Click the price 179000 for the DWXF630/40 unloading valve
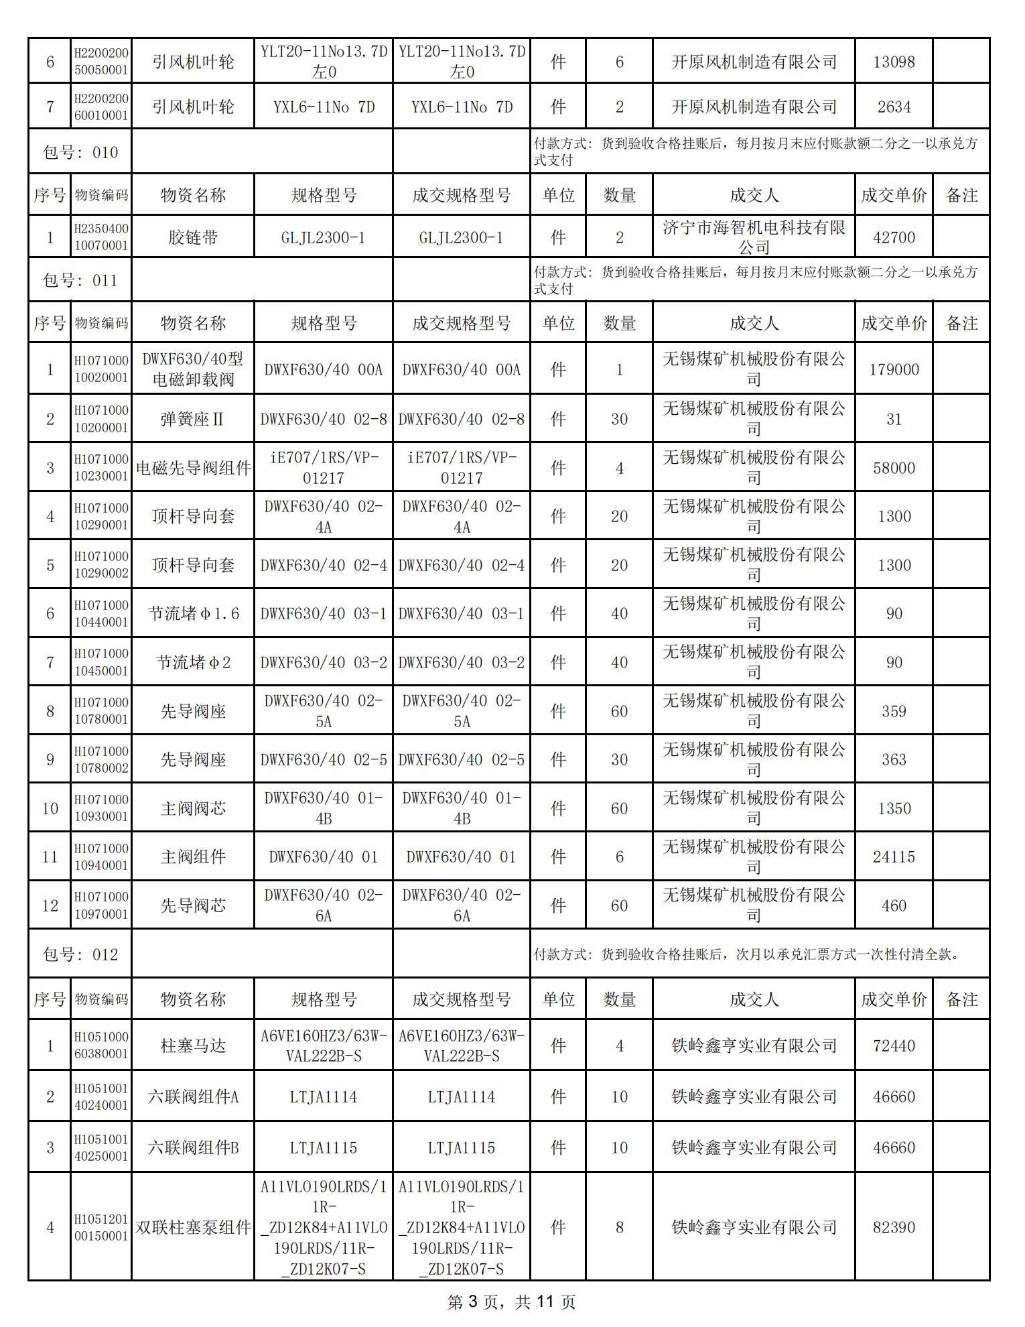point(894,369)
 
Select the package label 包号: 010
point(80,152)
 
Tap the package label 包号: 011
point(80,280)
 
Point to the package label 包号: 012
point(80,954)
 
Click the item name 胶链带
point(193,237)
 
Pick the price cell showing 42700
point(894,237)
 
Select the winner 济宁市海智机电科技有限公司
point(754,237)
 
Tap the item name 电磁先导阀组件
point(193,468)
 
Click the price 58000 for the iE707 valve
point(894,468)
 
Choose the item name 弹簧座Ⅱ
point(193,419)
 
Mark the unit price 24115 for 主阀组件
point(894,857)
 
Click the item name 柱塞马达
point(193,1046)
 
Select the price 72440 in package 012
point(894,1046)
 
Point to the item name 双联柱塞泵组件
point(193,1227)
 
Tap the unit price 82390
point(894,1227)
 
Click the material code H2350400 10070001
point(101,237)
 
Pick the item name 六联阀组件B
point(193,1147)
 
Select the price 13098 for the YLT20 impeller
point(894,62)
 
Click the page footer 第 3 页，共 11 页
point(511,1302)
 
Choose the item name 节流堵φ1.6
point(193,613)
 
